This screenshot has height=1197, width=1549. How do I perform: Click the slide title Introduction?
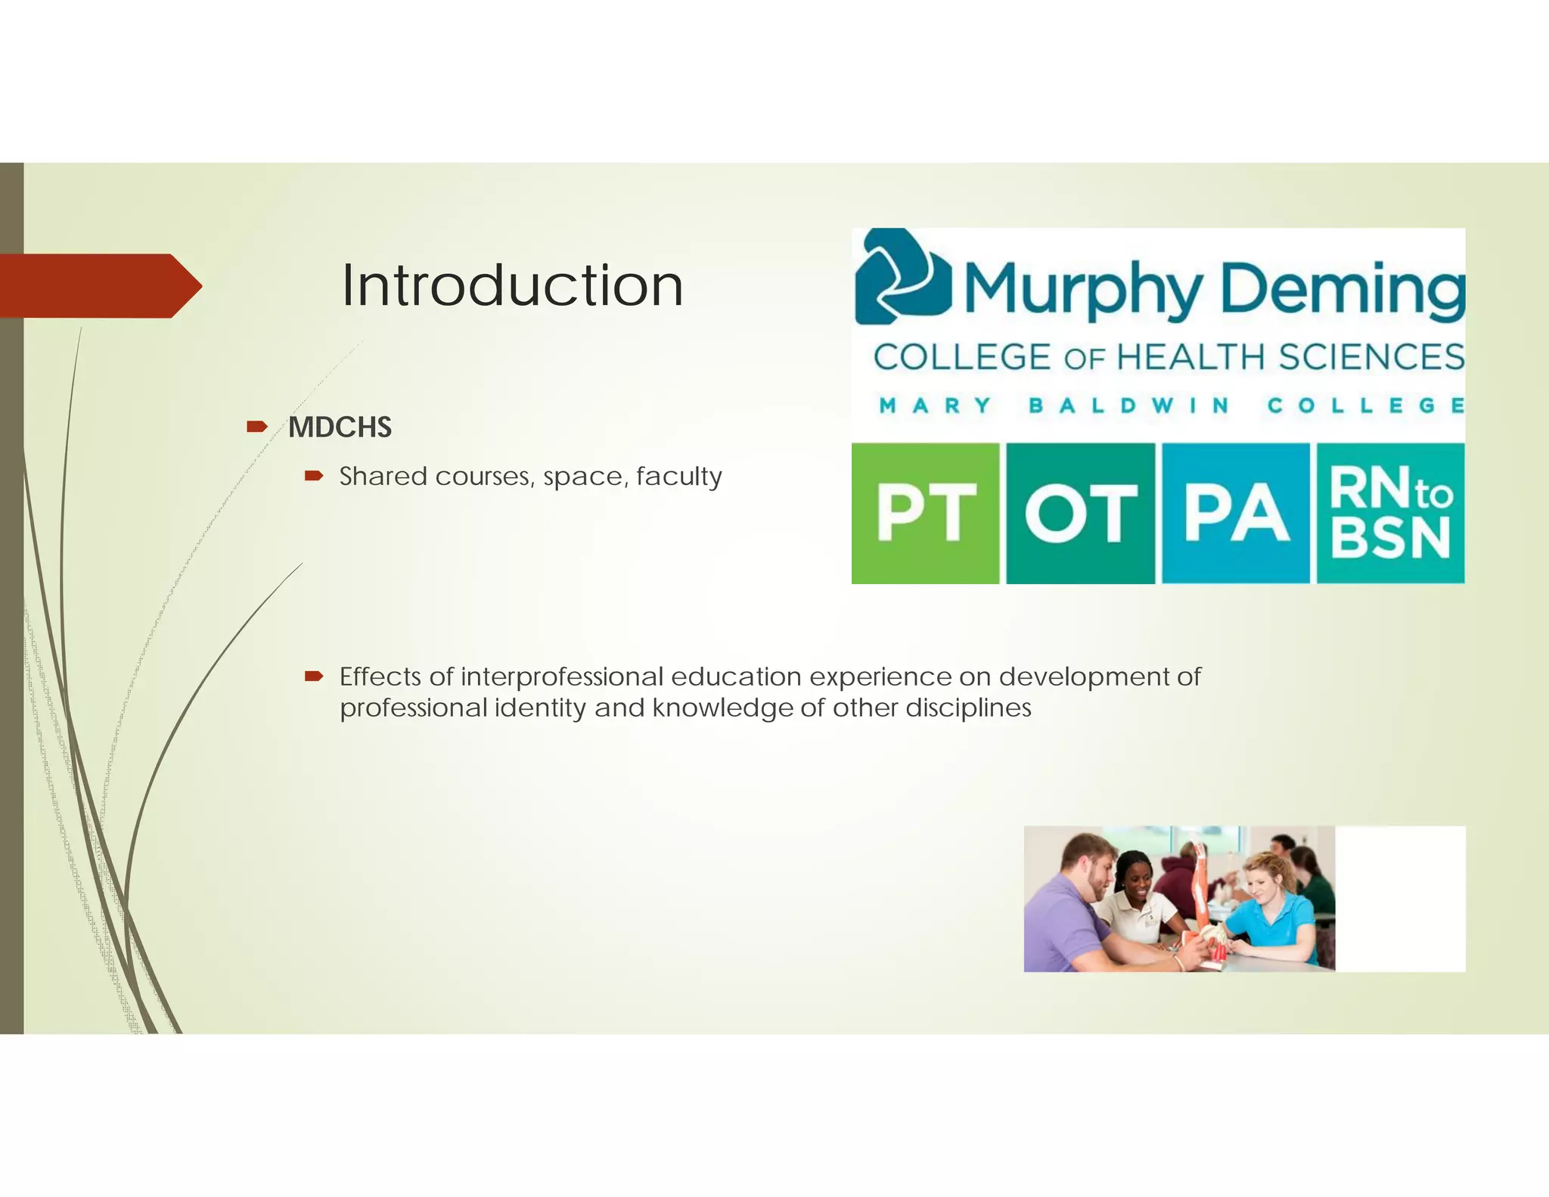point(512,285)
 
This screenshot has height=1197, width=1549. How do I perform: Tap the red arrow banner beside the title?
point(98,285)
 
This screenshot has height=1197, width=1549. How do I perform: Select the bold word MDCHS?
point(340,427)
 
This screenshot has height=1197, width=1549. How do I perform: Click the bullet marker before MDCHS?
point(256,427)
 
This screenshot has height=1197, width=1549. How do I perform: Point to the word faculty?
point(678,477)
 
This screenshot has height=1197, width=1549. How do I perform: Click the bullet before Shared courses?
point(313,476)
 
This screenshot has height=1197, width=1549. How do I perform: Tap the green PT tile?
point(925,513)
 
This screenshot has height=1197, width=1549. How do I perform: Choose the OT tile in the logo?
point(1080,513)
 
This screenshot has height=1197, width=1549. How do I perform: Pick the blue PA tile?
point(1235,513)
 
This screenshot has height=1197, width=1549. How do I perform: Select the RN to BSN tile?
point(1390,513)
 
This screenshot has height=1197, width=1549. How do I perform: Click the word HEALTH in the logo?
point(1190,357)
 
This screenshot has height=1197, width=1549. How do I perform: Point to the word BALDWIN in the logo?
point(1128,406)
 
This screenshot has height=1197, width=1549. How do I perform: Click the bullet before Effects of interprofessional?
point(313,676)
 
